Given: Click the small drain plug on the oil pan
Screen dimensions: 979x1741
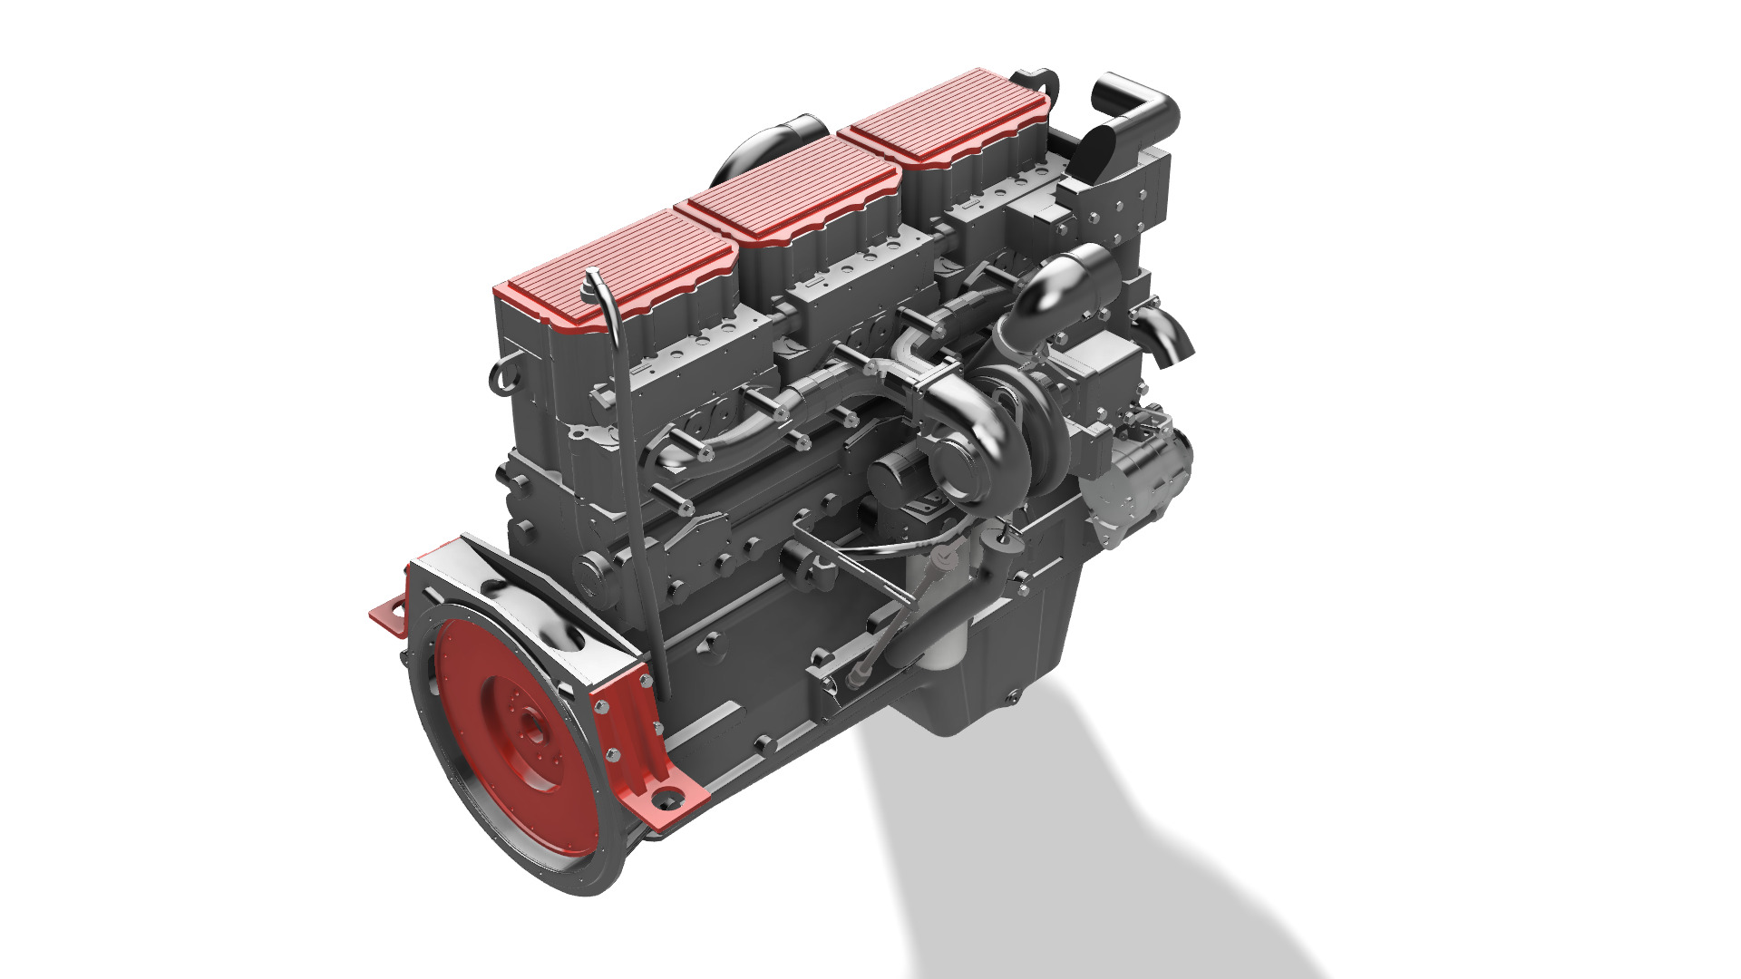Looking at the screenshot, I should (x=1013, y=697).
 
